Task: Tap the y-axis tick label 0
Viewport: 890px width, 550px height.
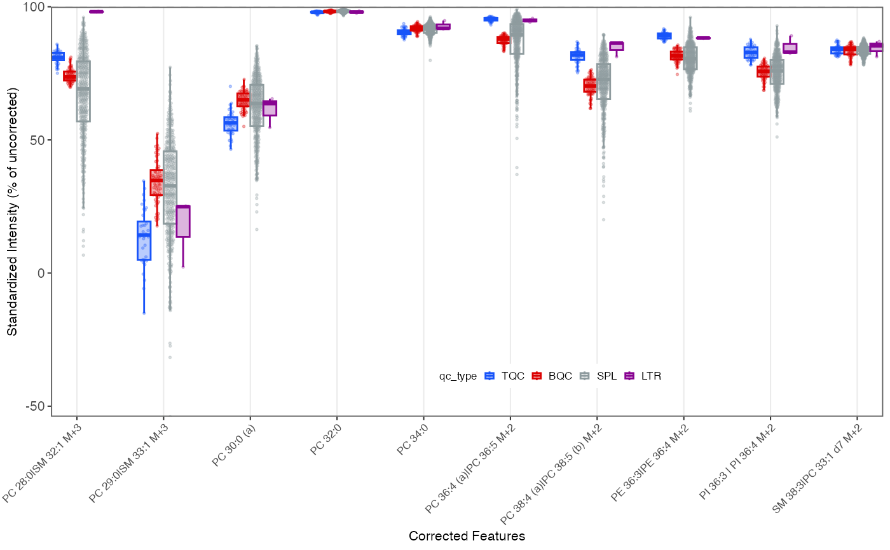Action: coord(41,273)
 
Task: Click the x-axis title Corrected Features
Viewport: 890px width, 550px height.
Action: coord(467,536)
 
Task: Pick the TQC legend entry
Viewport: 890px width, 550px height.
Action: coord(505,376)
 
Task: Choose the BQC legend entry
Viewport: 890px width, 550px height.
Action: coord(552,376)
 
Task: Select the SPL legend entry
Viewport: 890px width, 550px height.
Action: coord(600,376)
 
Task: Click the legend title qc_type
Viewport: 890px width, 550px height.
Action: coord(458,376)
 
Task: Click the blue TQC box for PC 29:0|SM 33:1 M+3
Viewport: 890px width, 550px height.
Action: coord(144,240)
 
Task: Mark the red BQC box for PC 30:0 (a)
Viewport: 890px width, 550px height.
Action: coord(243,100)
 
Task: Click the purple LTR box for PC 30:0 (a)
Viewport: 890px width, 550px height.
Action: coord(270,108)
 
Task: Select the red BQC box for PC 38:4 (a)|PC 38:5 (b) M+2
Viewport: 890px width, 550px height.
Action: coord(590,86)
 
